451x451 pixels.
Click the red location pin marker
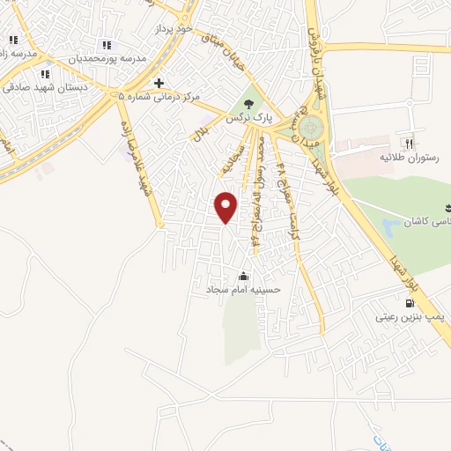(x=226, y=207)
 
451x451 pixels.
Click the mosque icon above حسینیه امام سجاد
(x=243, y=277)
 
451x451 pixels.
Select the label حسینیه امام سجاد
(x=243, y=289)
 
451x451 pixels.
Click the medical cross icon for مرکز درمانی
(x=159, y=84)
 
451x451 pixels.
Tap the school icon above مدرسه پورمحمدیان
(x=107, y=45)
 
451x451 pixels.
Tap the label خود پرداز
(x=173, y=29)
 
